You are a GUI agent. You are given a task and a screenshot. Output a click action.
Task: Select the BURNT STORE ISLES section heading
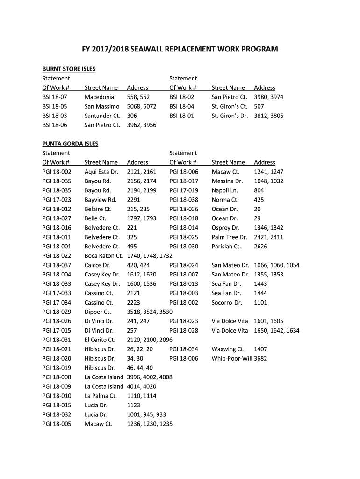(69, 69)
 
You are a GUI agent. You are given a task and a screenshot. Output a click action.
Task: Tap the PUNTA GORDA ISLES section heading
(70, 144)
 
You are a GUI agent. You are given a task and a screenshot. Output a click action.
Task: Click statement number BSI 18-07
(55, 97)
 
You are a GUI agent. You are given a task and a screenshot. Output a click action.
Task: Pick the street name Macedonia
(99, 97)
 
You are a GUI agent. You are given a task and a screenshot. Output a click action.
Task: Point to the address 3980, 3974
(268, 97)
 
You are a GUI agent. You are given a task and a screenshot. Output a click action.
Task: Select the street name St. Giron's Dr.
(230, 116)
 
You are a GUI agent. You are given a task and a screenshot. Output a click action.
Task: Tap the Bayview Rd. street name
(100, 200)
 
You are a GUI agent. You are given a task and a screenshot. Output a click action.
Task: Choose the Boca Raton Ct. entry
(103, 256)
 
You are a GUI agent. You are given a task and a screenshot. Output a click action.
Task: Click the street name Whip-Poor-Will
(232, 359)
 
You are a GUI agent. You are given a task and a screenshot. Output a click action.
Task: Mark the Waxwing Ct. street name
(228, 349)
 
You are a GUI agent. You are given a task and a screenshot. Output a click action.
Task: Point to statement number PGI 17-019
(184, 190)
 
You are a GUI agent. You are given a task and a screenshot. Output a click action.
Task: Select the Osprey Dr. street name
(225, 228)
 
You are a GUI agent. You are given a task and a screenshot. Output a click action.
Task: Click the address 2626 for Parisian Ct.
(261, 247)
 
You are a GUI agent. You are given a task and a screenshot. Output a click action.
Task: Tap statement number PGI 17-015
(57, 331)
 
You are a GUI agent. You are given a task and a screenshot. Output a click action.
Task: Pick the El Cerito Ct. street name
(100, 340)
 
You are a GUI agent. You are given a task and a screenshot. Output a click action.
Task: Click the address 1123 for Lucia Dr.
(134, 406)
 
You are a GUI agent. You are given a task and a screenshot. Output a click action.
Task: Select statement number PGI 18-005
(57, 424)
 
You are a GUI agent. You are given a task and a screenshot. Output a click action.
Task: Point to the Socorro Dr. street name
(227, 303)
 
